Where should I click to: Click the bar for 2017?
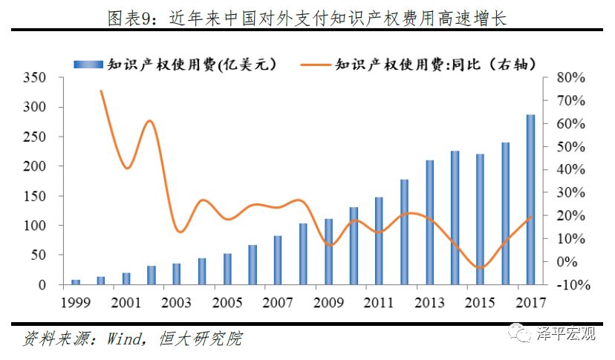click(x=530, y=200)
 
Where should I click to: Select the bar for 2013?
click(x=429, y=222)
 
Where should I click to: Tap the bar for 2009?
click(x=328, y=252)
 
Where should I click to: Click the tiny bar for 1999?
click(x=75, y=282)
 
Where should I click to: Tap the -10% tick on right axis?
click(x=570, y=285)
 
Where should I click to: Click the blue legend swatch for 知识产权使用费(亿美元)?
click(x=88, y=65)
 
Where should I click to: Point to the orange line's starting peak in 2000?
click(x=101, y=91)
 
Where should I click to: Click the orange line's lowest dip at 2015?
click(x=481, y=268)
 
